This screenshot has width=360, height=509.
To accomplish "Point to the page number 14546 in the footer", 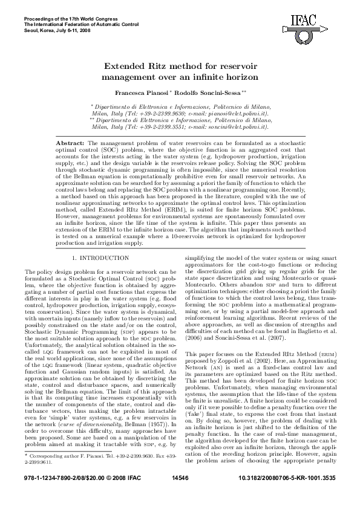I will [180, 495].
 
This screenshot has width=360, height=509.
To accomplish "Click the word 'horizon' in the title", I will [237, 77].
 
